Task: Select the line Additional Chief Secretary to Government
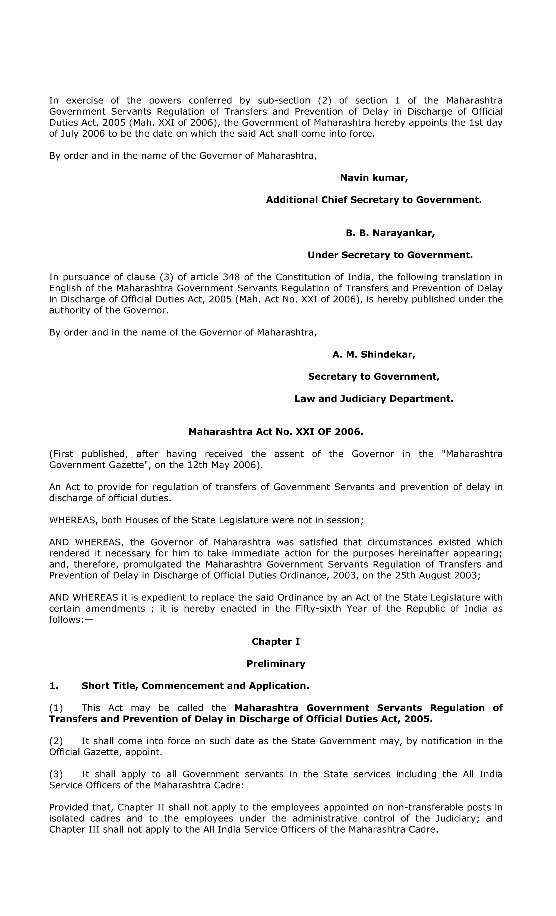pos(374,200)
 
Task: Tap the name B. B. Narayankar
pos(390,233)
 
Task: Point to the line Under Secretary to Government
pos(390,255)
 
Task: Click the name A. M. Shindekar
pos(374,354)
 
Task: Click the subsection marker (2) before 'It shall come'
pos(56,741)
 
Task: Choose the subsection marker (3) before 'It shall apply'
pos(56,774)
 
